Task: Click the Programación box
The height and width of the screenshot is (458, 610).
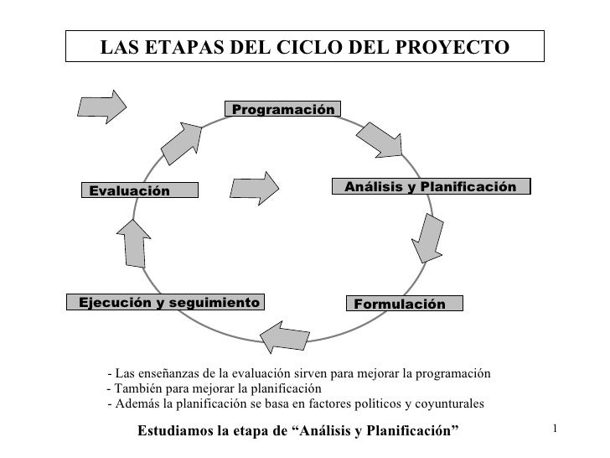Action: (x=282, y=110)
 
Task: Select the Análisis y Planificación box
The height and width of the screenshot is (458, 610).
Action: (x=431, y=186)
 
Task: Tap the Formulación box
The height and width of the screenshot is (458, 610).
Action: (x=402, y=303)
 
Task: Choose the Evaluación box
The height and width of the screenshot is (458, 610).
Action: (x=140, y=191)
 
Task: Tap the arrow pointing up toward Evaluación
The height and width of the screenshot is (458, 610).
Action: (x=134, y=240)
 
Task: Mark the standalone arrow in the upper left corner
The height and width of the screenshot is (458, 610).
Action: (x=101, y=104)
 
